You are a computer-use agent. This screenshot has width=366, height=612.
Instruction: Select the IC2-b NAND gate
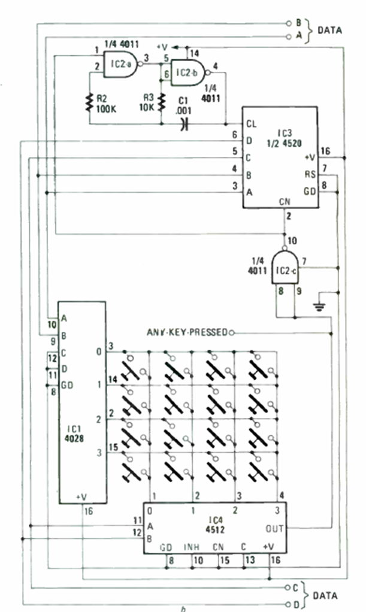187,72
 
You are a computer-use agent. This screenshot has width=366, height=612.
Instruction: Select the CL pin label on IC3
252,124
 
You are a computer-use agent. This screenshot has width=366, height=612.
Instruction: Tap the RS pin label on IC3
310,174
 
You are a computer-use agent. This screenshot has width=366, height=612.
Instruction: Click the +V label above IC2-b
162,46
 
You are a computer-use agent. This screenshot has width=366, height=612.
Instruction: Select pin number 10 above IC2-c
292,241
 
